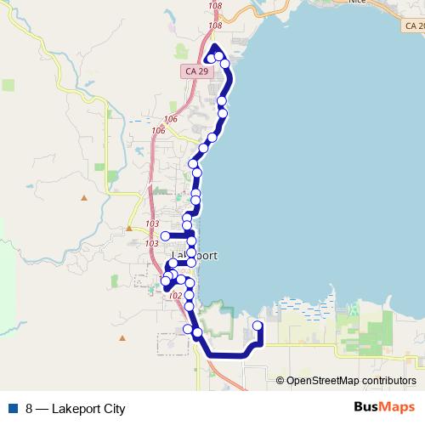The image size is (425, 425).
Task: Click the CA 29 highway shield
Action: [x=195, y=72]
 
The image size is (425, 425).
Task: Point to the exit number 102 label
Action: [x=176, y=296]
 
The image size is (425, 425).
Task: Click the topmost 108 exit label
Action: [x=213, y=6]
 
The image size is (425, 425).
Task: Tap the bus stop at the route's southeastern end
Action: [x=258, y=326]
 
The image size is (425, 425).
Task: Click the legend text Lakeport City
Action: [x=88, y=408]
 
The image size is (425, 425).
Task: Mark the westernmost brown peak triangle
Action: [x=84, y=198]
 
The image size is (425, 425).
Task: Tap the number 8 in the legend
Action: [x=30, y=408]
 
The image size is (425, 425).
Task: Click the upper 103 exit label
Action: [x=152, y=224]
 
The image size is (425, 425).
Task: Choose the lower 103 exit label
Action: [x=151, y=244]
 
